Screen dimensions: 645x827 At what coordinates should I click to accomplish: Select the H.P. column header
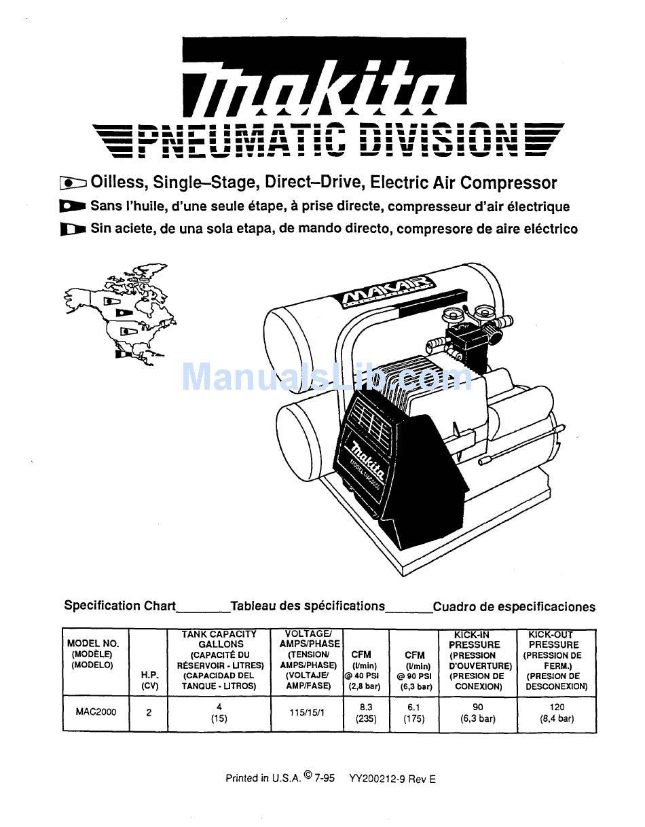coord(149,680)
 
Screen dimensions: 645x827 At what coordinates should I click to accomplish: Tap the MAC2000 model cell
coord(96,712)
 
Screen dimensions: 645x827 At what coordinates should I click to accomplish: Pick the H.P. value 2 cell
coord(149,713)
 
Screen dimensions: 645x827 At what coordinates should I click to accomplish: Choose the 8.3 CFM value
coord(366,707)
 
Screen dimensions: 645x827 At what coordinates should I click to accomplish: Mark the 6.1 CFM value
coord(414,707)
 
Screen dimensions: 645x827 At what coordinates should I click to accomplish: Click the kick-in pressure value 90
coord(478,707)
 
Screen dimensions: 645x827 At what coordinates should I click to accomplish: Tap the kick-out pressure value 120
coord(557,707)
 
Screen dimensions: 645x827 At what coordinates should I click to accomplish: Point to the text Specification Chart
coord(119,606)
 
